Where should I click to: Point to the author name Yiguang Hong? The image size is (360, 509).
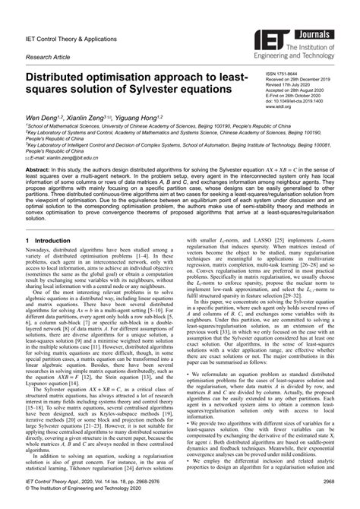coord(150,119)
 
